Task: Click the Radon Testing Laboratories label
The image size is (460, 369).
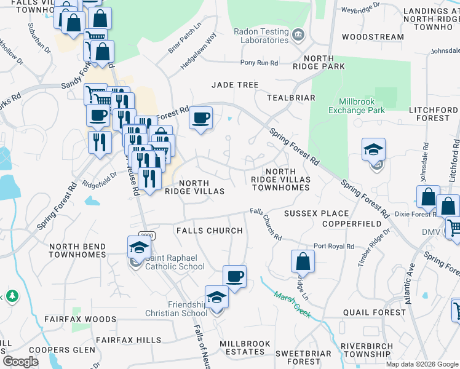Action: point(260,36)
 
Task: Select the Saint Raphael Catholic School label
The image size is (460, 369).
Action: point(175,263)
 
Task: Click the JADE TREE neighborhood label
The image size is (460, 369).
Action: point(235,84)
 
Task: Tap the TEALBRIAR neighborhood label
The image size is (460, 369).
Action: point(291,98)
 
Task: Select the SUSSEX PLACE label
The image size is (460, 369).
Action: point(316,213)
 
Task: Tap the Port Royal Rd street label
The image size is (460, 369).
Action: point(334,246)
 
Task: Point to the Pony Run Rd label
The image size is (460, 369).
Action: point(259,63)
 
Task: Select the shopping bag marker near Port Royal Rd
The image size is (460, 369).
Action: point(303,261)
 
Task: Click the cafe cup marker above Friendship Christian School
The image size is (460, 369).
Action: point(234,277)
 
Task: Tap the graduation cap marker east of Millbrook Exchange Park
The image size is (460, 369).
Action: point(373,150)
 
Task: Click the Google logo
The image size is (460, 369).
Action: point(21,361)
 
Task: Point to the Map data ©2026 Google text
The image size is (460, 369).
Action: point(421,364)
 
